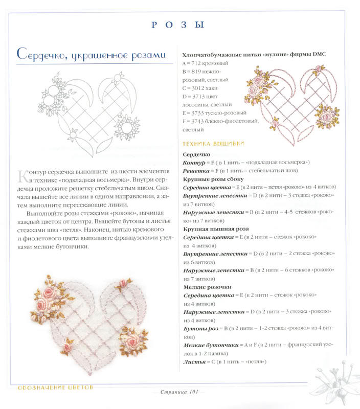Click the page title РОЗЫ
point(178,25)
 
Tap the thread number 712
point(196,63)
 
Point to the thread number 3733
point(198,113)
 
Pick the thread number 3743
point(198,121)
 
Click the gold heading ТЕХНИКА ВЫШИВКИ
point(213,144)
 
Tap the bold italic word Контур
point(194,163)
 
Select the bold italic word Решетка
point(196,171)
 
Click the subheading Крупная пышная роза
point(216,229)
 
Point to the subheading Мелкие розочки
point(208,287)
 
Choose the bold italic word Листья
point(194,362)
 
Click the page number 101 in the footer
point(194,392)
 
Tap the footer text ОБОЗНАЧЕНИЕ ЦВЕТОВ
point(56,388)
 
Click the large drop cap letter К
point(22,176)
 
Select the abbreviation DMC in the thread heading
point(319,54)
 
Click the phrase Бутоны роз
point(201,329)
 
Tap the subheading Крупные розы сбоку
point(213,179)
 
